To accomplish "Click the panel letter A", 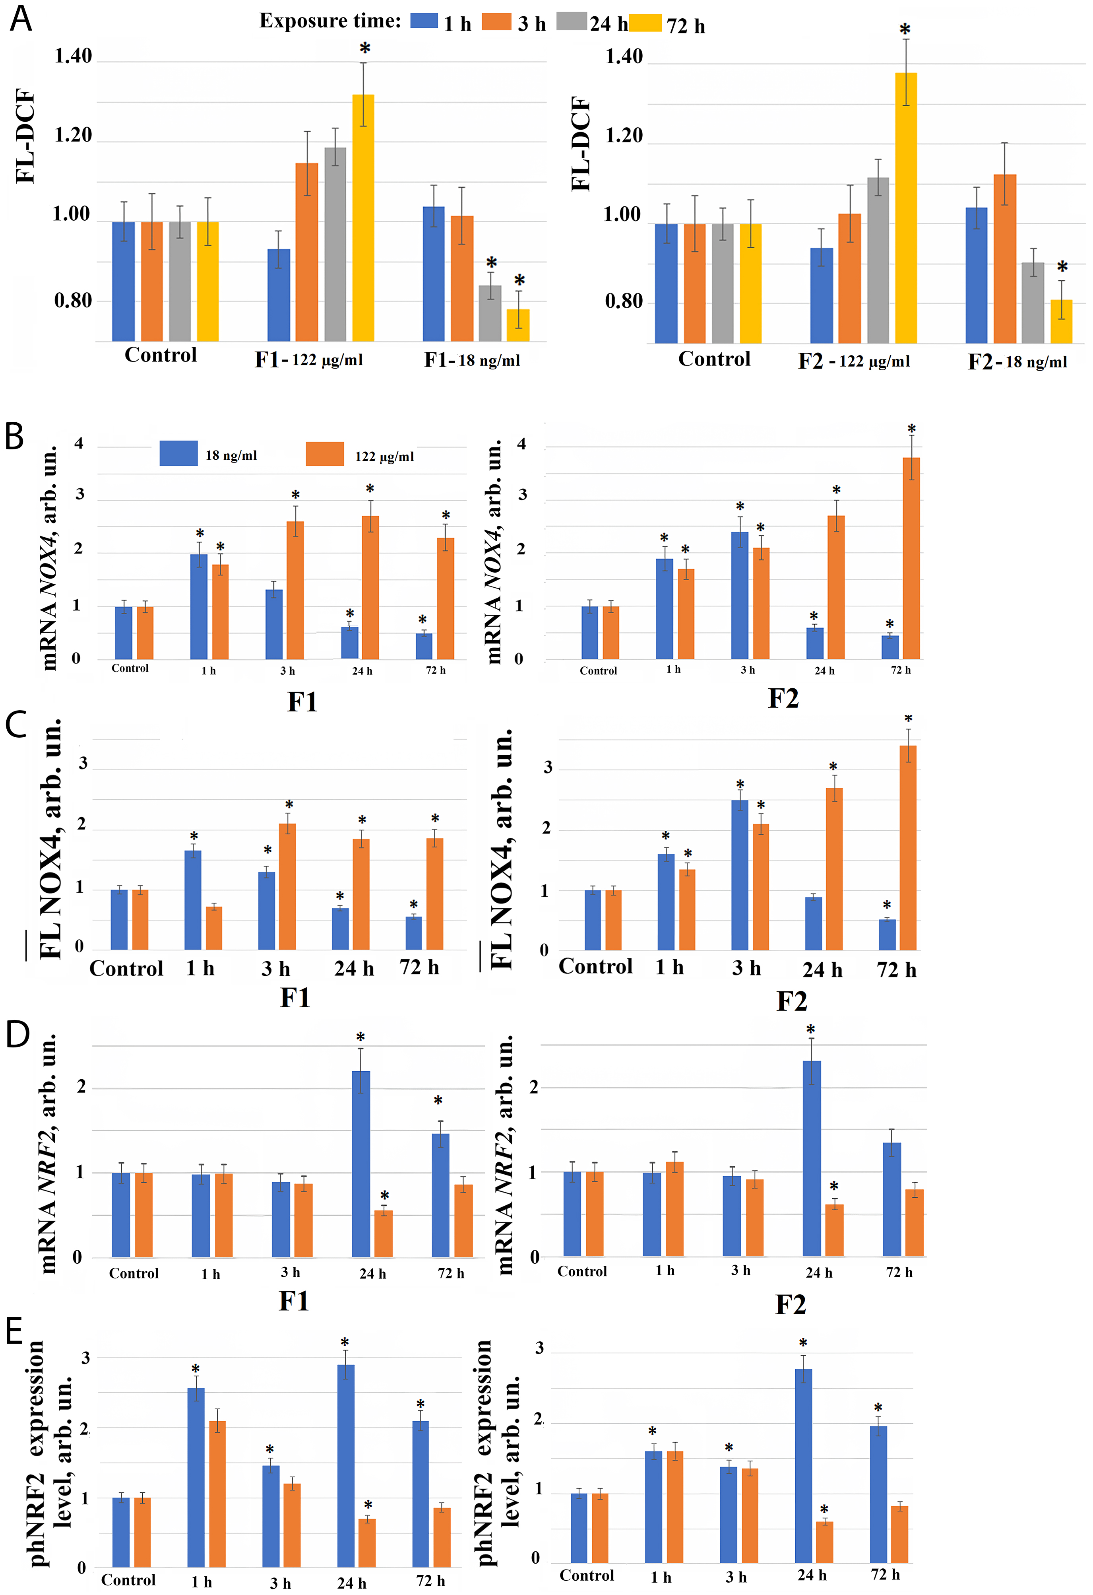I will [21, 19].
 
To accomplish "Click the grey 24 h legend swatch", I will [572, 22].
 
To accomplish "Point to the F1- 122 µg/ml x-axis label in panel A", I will [309, 359].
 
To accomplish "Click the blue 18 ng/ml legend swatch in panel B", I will [178, 454].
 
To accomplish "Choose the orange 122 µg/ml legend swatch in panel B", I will [325, 454].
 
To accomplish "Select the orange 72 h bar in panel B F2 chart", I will [911, 558].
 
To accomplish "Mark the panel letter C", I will [16, 725].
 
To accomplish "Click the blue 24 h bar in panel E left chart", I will [346, 1466].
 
